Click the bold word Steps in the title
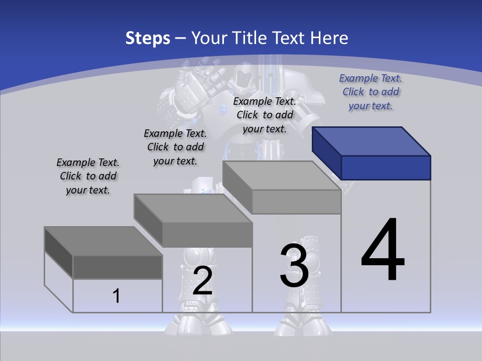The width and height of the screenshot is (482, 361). (x=148, y=38)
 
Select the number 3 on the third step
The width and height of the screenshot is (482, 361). (x=294, y=266)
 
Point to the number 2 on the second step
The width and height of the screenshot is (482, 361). (x=202, y=281)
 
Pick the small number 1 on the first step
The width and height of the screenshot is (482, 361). (x=116, y=296)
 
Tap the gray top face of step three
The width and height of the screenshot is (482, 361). (x=281, y=175)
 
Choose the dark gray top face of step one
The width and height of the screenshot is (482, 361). (x=103, y=241)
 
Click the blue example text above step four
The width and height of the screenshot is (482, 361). (x=371, y=92)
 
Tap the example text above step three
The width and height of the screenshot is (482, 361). (x=265, y=115)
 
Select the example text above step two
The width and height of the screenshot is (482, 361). (x=175, y=147)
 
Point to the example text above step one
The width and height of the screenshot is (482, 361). (x=88, y=176)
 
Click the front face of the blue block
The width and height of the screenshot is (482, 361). (x=386, y=167)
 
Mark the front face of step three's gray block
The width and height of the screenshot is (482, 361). (x=296, y=202)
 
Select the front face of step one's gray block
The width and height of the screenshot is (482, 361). (x=117, y=267)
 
